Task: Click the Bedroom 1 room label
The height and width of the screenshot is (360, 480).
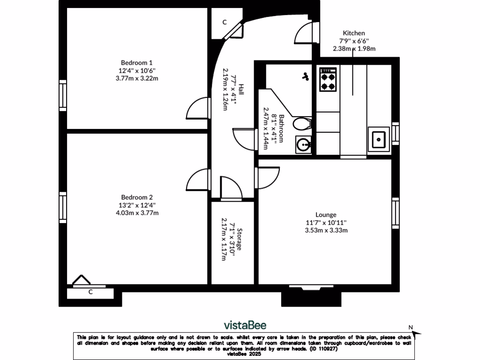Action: coord(137,62)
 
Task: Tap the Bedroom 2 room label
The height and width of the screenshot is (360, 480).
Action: coord(137,197)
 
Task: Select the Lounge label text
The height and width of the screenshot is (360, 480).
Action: coord(326,215)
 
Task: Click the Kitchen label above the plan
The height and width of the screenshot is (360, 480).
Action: coord(354,33)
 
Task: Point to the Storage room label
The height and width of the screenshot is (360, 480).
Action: coord(239,240)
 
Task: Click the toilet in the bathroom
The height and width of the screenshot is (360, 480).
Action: coord(302,124)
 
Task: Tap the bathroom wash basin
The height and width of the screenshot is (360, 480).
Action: coord(304,144)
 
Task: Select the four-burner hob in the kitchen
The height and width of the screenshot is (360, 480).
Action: coord(328,80)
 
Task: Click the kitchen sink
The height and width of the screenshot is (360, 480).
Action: coord(379,139)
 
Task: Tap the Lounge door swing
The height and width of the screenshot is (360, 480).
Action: coord(268,177)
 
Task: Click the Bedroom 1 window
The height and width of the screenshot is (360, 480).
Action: coord(63,96)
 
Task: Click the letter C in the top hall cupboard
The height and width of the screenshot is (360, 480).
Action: coord(225,22)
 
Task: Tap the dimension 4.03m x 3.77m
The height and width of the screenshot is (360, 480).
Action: coord(137,213)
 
